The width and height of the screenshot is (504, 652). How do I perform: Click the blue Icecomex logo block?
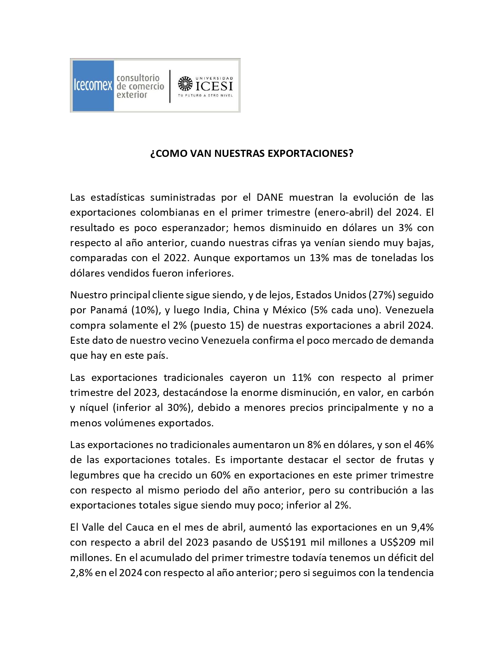click(93, 85)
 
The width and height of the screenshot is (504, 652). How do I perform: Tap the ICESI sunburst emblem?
click(185, 84)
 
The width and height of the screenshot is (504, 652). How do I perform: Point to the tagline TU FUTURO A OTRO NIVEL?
click(205, 96)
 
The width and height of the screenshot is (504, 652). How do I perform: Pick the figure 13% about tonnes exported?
click(319, 258)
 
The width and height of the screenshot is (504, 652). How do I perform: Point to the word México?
click(289, 310)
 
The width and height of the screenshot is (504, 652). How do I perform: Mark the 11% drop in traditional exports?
click(302, 377)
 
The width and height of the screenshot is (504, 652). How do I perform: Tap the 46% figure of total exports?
click(424, 445)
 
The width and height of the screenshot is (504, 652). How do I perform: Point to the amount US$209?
click(398, 542)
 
